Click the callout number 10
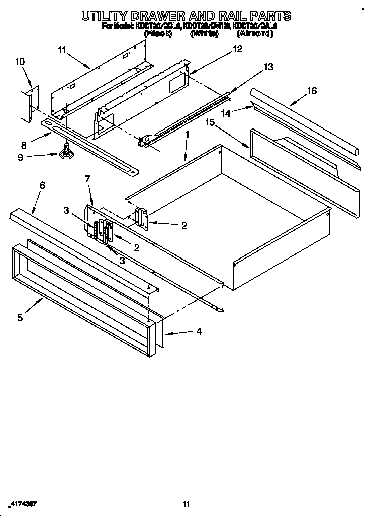coord(20,62)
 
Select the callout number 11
coord(62,49)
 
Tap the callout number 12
coord(237,49)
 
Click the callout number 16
coord(312,91)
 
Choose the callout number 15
coord(210,122)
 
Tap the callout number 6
coord(42,185)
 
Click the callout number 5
coord(20,317)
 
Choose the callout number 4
coord(199,331)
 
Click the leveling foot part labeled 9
coord(65,153)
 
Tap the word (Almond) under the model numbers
coord(255,34)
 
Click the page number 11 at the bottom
coord(186,504)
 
